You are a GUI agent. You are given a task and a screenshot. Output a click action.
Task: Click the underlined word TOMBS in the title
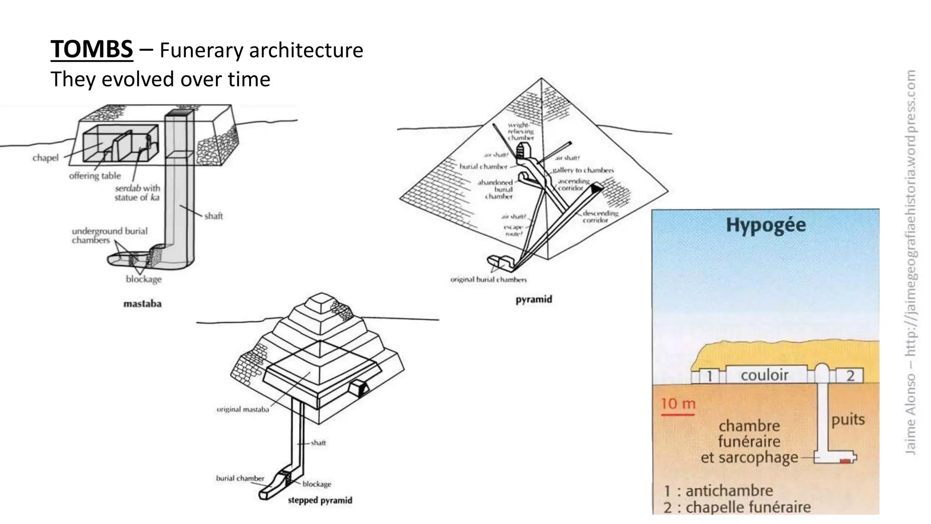click(91, 49)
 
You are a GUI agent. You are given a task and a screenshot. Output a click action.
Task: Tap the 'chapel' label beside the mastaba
click(45, 158)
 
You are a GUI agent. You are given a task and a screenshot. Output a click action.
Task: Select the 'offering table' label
click(95, 176)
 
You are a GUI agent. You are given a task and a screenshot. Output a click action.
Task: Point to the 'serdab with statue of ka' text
click(137, 192)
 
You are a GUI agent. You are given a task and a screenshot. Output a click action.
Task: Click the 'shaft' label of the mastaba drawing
click(213, 216)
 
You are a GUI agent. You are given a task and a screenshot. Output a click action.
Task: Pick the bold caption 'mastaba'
click(142, 303)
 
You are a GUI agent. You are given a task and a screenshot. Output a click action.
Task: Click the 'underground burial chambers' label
click(109, 235)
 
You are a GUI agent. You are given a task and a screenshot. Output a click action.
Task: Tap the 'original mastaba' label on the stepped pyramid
click(243, 409)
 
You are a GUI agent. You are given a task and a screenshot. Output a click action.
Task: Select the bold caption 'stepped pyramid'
click(320, 500)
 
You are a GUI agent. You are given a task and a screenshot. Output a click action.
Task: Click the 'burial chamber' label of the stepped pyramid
click(240, 478)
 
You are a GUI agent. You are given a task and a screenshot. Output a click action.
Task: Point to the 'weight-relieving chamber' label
click(521, 131)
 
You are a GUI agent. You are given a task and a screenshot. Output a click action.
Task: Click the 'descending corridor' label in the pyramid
click(600, 217)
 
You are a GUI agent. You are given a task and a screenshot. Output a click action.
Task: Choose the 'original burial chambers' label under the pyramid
click(488, 279)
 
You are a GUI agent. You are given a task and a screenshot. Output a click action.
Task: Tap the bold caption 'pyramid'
click(534, 299)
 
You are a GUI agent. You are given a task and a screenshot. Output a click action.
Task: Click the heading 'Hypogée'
click(766, 225)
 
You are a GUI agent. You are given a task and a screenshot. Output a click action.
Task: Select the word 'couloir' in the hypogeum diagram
click(764, 375)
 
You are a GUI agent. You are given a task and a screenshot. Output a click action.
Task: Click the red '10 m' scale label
click(678, 403)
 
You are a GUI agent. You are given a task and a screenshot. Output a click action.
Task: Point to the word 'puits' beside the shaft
click(848, 419)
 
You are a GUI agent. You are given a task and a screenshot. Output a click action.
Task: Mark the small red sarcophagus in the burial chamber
click(845, 461)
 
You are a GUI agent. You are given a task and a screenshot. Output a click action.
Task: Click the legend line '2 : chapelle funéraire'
click(737, 507)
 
